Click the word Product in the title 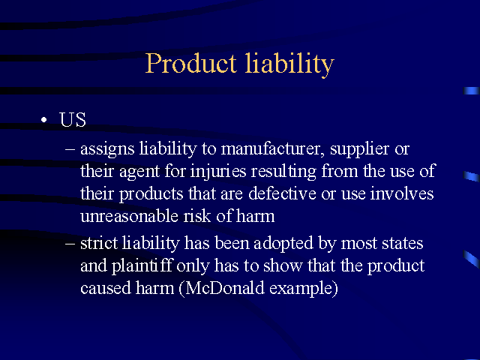(x=190, y=63)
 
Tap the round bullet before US (x=44, y=120)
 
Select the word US (x=73, y=119)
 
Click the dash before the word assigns (x=70, y=149)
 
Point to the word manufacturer (x=272, y=149)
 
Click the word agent (x=139, y=172)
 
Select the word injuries (x=218, y=172)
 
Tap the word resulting (x=283, y=172)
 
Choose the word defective (x=282, y=194)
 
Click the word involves (x=402, y=194)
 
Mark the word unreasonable (x=129, y=217)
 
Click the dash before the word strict (x=70, y=243)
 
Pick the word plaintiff (x=142, y=266)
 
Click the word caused (x=106, y=288)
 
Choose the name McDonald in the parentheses (x=225, y=288)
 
